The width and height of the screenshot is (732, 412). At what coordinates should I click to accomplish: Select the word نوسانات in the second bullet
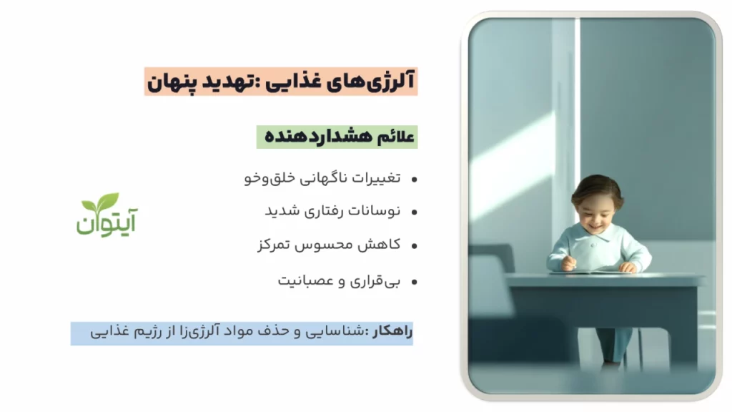pyautogui.click(x=375, y=212)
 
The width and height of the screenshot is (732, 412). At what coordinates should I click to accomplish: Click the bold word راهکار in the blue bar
pyautogui.click(x=392, y=332)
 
